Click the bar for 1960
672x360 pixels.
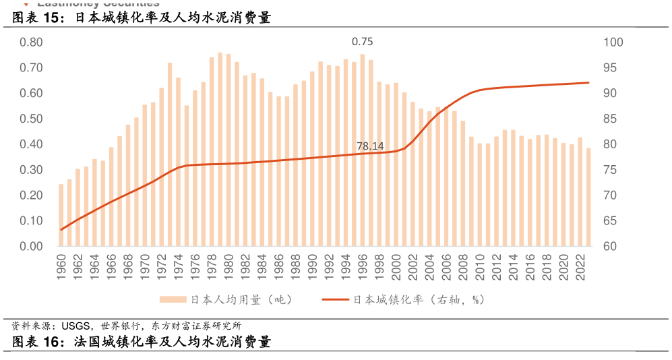tap(61, 215)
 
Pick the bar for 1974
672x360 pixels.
tap(179, 162)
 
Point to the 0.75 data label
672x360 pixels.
tap(363, 42)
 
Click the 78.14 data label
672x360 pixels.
tap(370, 146)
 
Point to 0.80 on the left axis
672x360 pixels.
tap(31, 42)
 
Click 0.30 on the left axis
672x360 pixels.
tap(31, 170)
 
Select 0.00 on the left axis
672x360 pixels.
tap(31, 247)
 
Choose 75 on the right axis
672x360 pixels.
tap(611, 170)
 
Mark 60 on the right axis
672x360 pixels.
tap(611, 247)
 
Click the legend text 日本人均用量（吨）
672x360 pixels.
tap(241, 300)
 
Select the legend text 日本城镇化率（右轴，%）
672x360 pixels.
tap(419, 300)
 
